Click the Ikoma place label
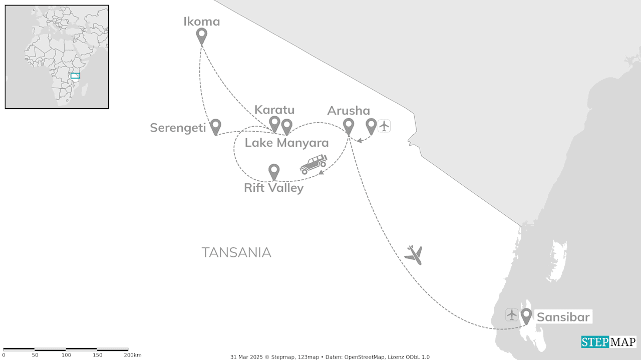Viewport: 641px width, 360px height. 202,22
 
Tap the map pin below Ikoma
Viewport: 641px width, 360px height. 201,36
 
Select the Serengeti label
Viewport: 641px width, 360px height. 178,128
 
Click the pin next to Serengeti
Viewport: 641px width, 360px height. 215,126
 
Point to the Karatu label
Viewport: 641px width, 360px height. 274,110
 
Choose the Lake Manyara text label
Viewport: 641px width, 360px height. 286,143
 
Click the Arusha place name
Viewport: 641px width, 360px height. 349,111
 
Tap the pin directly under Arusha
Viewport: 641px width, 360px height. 349,126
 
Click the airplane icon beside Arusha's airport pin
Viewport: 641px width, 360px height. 384,126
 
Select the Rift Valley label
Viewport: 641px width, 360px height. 273,188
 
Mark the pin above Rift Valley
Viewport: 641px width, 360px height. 274,171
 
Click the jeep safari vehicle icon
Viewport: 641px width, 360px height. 313,164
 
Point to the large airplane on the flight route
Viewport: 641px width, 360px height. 414,255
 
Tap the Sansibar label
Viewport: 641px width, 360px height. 563,317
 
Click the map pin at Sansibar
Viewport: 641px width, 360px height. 526,316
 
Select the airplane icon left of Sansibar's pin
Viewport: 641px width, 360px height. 511,315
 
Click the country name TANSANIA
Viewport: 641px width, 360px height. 236,252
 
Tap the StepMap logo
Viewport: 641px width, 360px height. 608,342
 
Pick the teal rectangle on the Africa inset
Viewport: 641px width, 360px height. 75,76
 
